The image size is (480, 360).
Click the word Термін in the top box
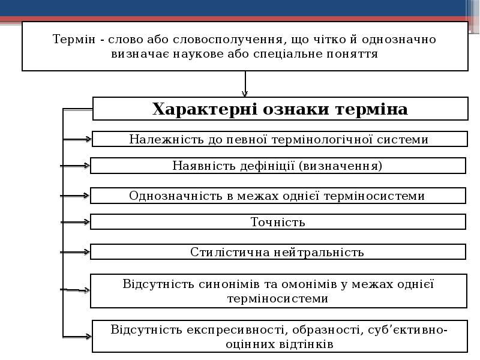point(74,40)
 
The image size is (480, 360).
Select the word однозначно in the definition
point(398,40)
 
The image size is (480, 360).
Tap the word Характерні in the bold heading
point(205,109)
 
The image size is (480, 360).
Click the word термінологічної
point(322,139)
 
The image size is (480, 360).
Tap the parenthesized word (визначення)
point(340,166)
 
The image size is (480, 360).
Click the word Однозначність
point(176,196)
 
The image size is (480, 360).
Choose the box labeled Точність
point(278,222)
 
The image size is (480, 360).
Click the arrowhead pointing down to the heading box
point(245,94)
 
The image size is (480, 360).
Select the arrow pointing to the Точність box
point(75,222)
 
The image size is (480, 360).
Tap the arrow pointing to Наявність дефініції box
point(75,166)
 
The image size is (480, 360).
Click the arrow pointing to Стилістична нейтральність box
point(75,252)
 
